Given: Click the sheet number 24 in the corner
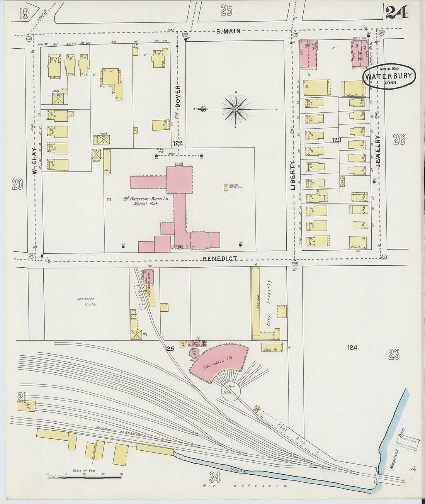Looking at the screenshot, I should coord(397,12).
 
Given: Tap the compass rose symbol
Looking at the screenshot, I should coord(235,109).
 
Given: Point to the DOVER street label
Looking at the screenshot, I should coord(178,96).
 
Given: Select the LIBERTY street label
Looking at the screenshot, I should coord(292,175).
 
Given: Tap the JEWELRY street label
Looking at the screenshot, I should coord(378,151).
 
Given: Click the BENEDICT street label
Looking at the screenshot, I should coord(220,258).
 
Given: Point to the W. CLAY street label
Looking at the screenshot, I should coord(34,160).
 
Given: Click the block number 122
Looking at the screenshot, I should coord(178,143).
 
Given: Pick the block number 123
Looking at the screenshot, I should coord(336,140).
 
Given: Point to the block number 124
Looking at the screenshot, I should coord(352,348).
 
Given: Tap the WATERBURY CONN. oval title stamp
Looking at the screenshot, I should coord(389,76).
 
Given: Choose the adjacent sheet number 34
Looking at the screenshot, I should coord(215,478).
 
